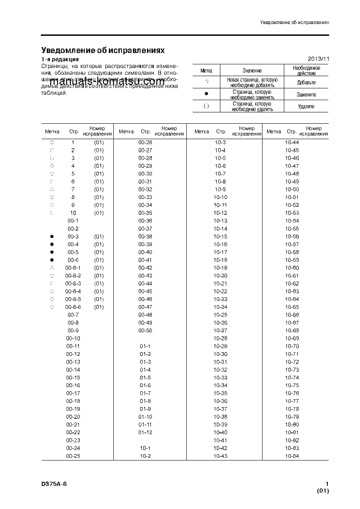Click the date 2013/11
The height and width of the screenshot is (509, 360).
click(318, 59)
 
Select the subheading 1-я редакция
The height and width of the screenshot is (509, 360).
click(60, 59)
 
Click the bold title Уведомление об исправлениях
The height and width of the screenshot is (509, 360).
click(102, 50)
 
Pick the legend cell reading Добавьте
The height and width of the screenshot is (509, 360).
click(306, 82)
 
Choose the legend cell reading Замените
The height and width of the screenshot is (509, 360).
click(306, 95)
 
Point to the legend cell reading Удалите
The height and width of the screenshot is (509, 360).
click(306, 107)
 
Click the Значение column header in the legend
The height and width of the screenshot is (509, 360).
click(252, 70)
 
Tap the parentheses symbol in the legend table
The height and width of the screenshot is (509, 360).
click(206, 106)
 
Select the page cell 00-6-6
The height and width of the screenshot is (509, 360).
click(73, 307)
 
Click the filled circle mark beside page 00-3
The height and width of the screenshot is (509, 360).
click(52, 237)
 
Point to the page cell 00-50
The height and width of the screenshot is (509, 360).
click(145, 330)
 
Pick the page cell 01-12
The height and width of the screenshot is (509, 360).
click(145, 432)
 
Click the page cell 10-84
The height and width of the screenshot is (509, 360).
click(292, 456)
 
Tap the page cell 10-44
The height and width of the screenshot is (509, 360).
click(292, 142)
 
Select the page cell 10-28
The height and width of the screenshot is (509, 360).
click(220, 339)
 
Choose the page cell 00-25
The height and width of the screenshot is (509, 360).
click(73, 456)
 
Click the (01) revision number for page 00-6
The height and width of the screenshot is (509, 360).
click(99, 260)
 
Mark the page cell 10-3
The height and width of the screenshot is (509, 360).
click(220, 142)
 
